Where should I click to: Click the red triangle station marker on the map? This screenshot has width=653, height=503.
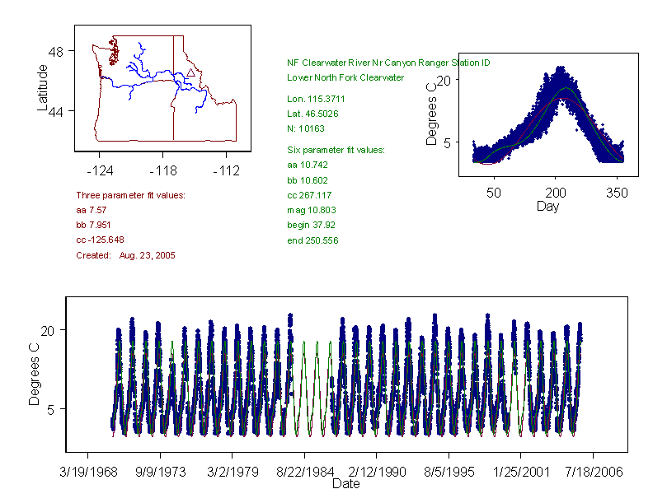(x=190, y=72)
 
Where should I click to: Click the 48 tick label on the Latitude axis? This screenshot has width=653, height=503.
(x=58, y=51)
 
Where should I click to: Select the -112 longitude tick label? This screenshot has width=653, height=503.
(x=225, y=171)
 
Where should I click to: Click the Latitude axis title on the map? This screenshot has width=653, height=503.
(x=43, y=88)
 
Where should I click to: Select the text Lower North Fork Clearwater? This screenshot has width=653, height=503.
(x=345, y=77)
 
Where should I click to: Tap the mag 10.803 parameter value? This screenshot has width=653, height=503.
(x=308, y=210)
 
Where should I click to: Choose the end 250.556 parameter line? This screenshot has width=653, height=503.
(x=312, y=240)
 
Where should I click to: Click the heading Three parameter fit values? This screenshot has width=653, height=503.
(x=130, y=195)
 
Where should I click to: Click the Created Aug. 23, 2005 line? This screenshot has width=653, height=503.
(x=125, y=255)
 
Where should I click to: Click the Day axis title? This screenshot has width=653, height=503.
(x=547, y=206)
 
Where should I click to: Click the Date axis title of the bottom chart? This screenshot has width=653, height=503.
(x=345, y=484)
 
